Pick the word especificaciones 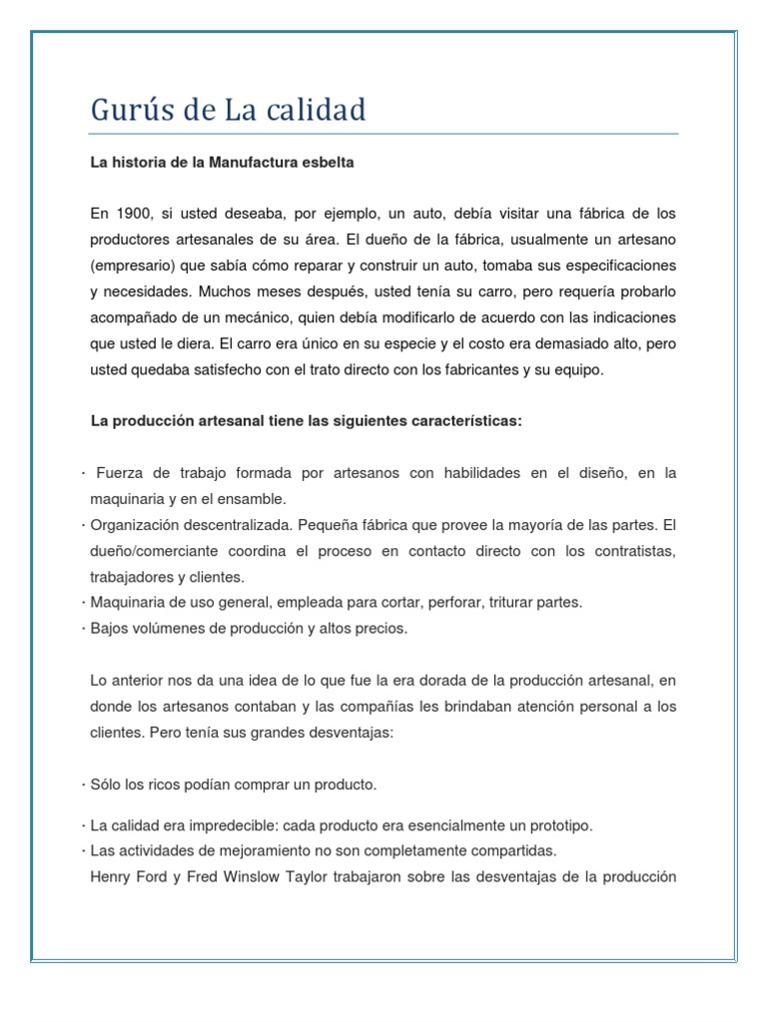pyautogui.click(x=618, y=265)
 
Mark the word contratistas pyautogui.click(x=629, y=551)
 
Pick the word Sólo pyautogui.click(x=105, y=784)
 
